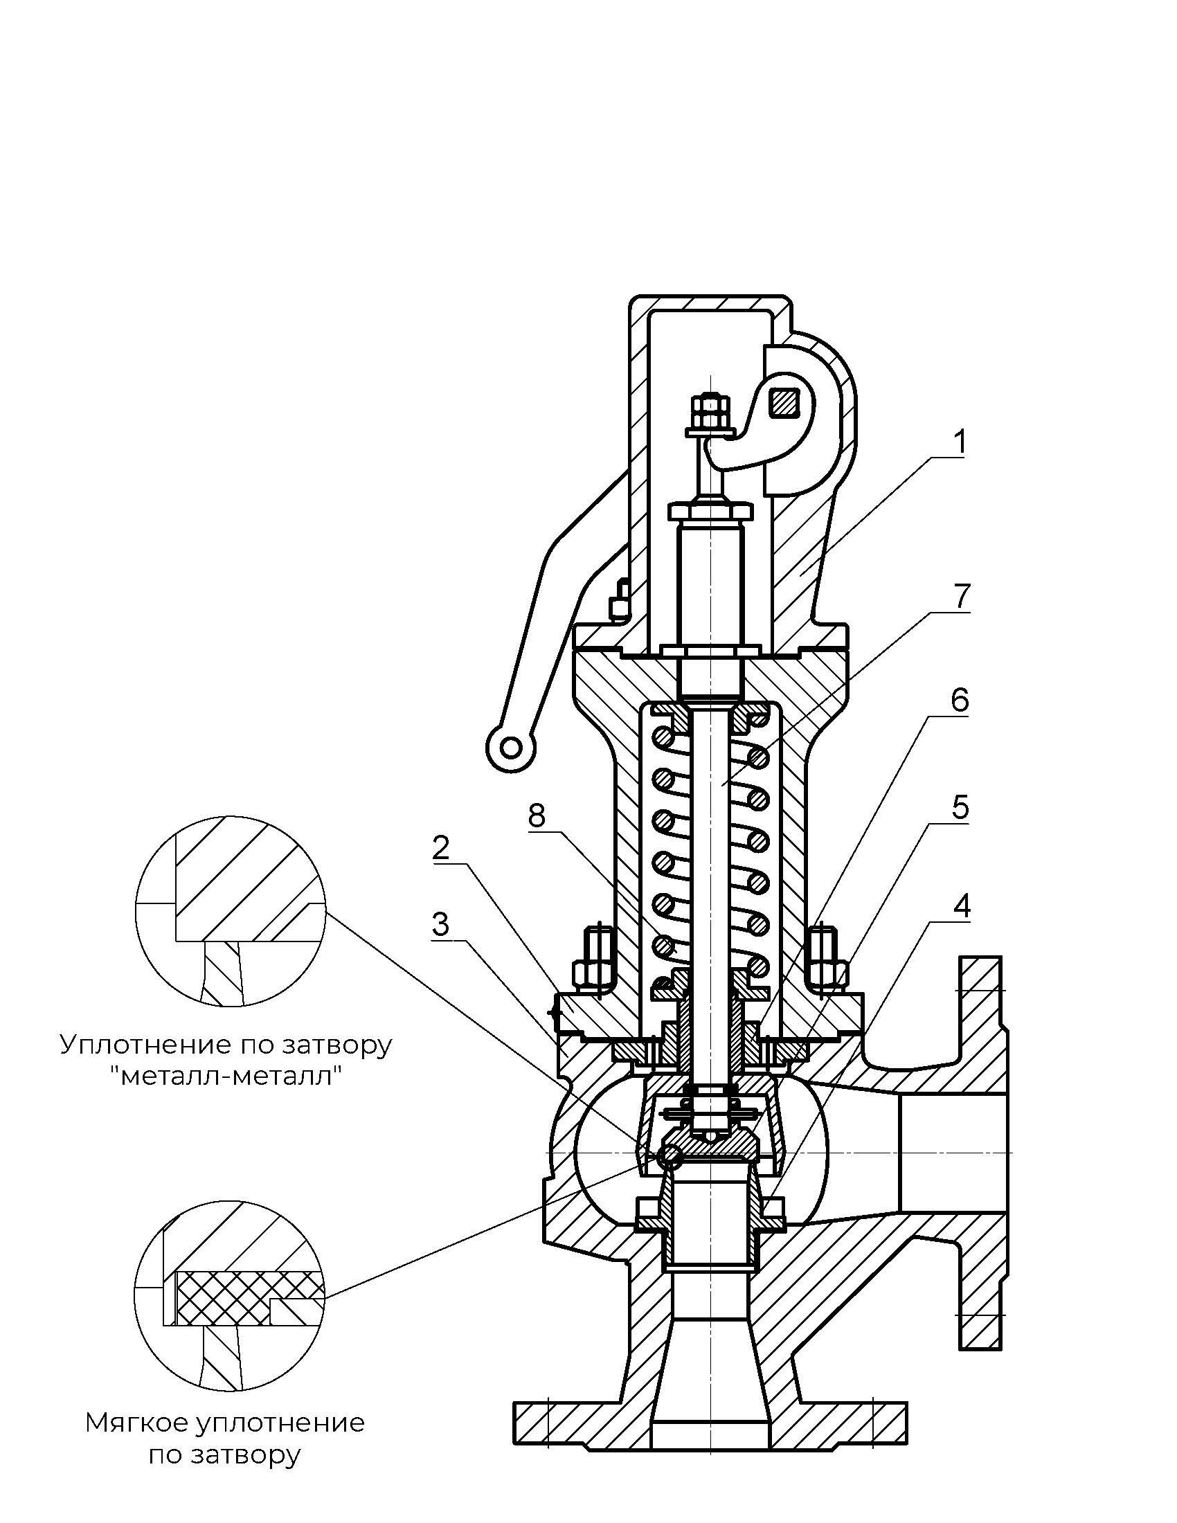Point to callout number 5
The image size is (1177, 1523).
click(960, 806)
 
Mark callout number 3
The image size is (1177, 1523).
click(440, 925)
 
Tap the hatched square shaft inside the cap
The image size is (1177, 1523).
click(782, 403)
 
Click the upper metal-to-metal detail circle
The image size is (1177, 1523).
click(230, 911)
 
